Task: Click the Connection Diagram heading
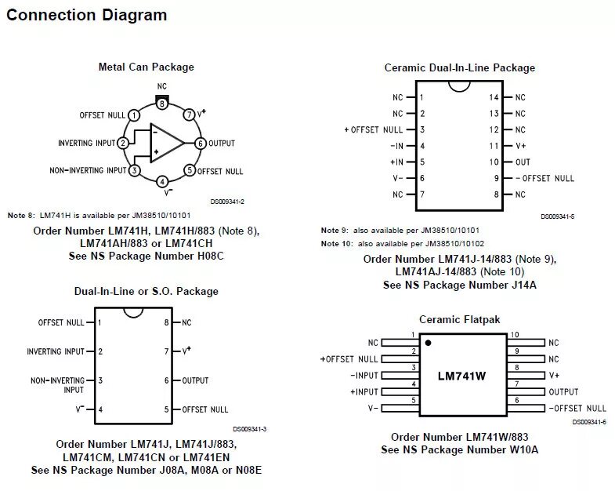click(88, 15)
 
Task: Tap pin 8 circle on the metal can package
click(161, 103)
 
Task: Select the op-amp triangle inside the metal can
click(166, 143)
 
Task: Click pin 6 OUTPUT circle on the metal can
click(201, 144)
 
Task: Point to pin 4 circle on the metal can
click(161, 182)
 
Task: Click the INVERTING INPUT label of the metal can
click(86, 144)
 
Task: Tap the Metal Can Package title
click(146, 67)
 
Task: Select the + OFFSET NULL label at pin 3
click(374, 129)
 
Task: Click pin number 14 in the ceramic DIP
click(494, 97)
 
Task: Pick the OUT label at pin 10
click(523, 162)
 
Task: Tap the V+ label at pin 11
click(521, 146)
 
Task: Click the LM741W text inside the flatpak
click(462, 376)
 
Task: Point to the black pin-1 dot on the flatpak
click(428, 343)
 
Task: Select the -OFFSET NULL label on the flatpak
click(577, 408)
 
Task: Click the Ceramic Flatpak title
click(459, 319)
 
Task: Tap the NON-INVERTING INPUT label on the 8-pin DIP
click(58, 384)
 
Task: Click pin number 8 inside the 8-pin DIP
click(166, 322)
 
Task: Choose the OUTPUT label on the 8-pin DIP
click(195, 380)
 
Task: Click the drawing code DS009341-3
click(249, 428)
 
